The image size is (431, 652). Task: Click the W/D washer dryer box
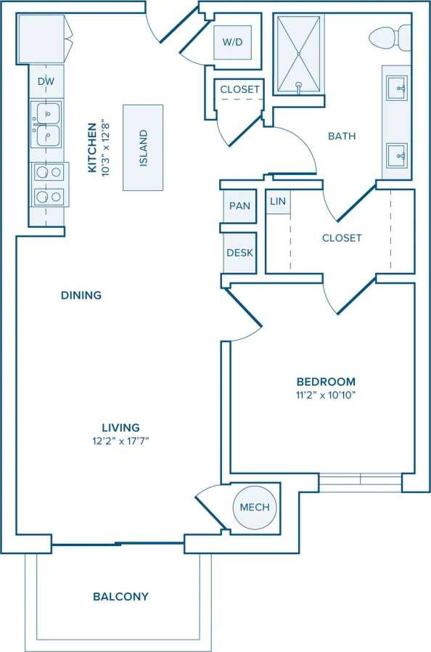point(232,43)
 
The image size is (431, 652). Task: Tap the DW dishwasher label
point(46,82)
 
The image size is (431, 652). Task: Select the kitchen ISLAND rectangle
point(143,147)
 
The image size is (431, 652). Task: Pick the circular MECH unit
point(254,508)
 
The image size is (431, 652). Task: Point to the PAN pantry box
point(239,206)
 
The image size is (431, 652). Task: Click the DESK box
point(239,253)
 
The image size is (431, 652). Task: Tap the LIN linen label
point(278,201)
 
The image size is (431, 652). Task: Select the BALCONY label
point(120,597)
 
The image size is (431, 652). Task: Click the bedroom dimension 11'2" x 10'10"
point(326,396)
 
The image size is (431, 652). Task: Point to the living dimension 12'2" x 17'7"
point(120,441)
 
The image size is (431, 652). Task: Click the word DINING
point(81,296)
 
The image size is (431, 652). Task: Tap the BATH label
point(341,136)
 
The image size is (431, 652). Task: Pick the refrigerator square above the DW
point(41,38)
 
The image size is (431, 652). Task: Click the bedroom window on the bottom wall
point(360,480)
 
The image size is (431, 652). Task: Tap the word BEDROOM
point(326,382)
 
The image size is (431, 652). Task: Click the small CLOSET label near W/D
point(239,89)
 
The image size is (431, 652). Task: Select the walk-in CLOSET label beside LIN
point(342,237)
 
